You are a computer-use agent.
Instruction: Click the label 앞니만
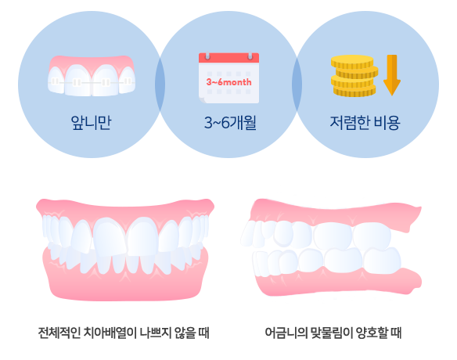click(x=91, y=122)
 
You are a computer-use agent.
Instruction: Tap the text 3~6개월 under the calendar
click(x=230, y=122)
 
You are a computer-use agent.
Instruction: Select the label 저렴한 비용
click(x=365, y=122)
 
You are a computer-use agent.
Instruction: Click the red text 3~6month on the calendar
click(x=228, y=82)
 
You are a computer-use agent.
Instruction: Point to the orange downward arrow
click(x=392, y=75)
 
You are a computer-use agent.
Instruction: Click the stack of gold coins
click(x=354, y=76)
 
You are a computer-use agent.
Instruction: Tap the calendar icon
click(x=228, y=77)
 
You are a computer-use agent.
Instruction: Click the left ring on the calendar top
click(x=207, y=56)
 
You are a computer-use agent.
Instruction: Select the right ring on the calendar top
click(x=250, y=56)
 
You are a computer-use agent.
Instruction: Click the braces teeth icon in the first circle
click(x=92, y=76)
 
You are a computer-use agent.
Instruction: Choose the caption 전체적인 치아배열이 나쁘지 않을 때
click(x=124, y=333)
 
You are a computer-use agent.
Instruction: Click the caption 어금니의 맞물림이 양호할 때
click(x=333, y=333)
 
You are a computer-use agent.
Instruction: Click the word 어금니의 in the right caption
click(x=286, y=333)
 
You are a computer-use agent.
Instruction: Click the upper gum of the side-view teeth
click(x=335, y=214)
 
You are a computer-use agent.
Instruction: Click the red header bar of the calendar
click(x=228, y=58)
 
